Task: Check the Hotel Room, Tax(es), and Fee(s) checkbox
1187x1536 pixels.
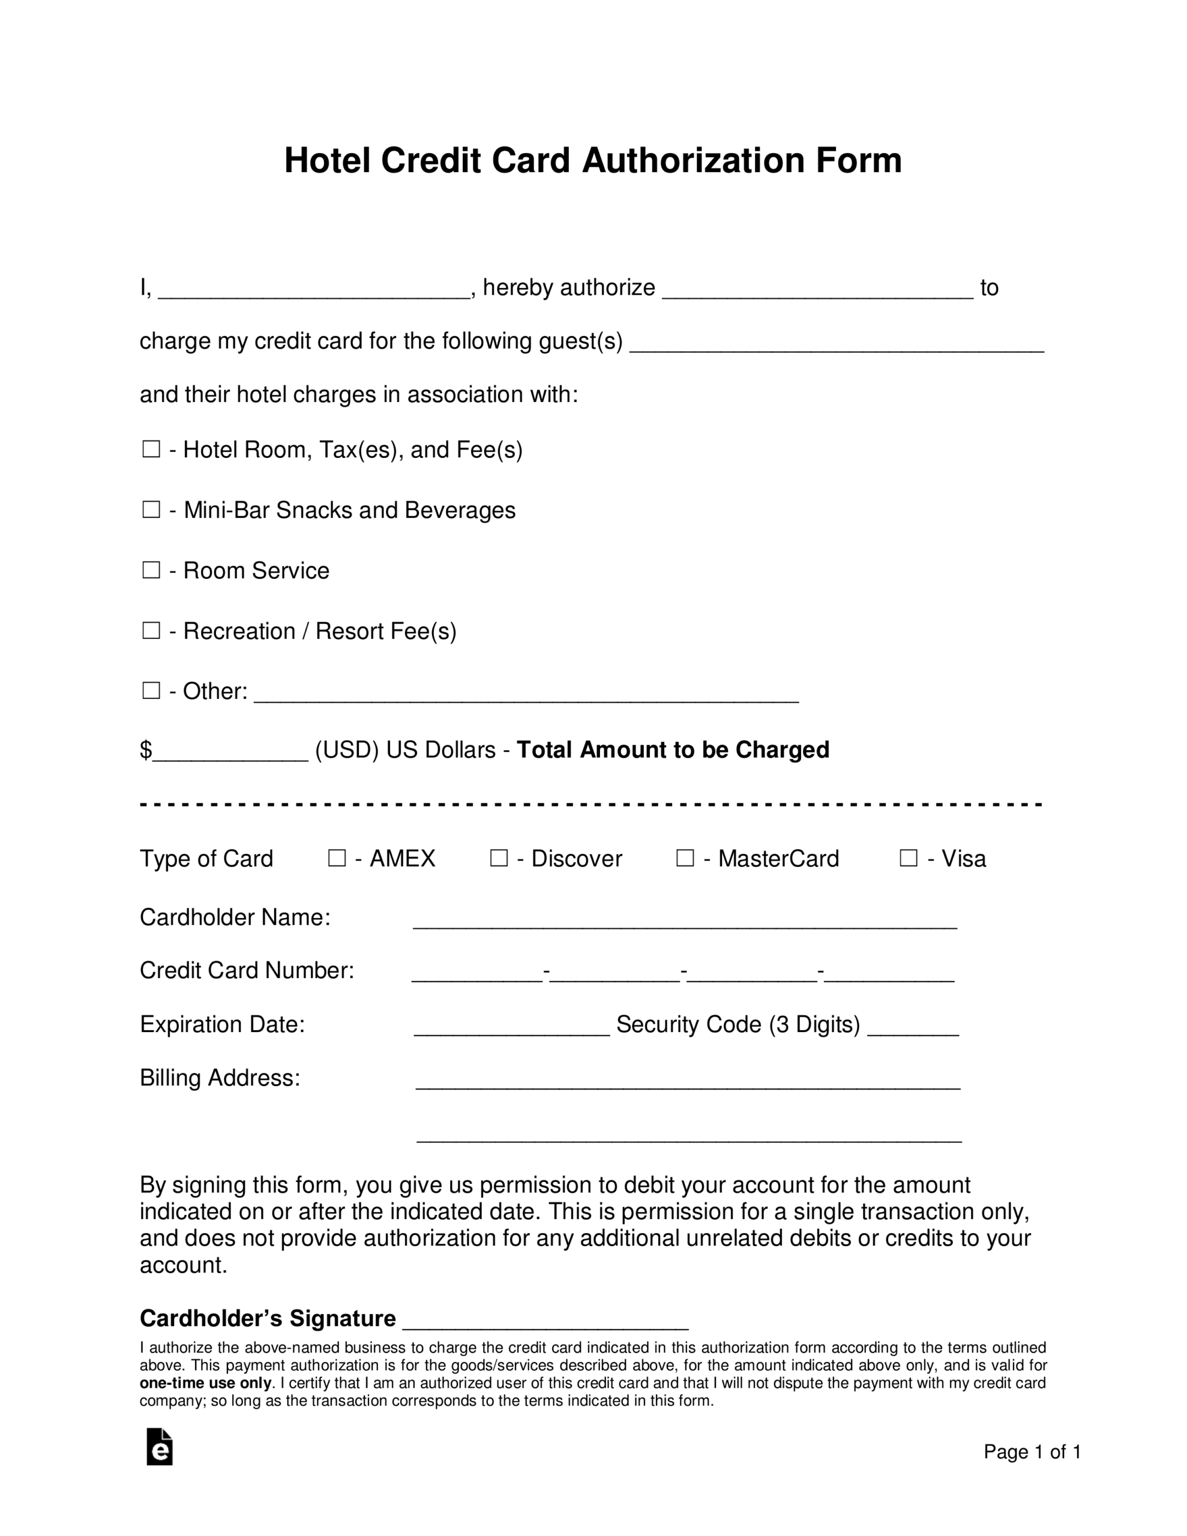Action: click(x=151, y=449)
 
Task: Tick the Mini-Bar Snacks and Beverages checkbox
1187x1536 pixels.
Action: click(x=151, y=509)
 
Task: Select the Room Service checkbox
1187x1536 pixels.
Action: click(x=151, y=569)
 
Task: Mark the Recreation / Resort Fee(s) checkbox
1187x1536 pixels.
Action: click(x=151, y=630)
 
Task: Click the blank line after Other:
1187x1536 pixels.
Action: click(x=526, y=694)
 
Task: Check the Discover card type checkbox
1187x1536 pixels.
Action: click(x=498, y=858)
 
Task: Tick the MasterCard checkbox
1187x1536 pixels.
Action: click(x=685, y=858)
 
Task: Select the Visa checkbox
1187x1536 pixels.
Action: click(x=909, y=858)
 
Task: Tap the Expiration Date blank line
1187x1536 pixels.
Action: click(x=511, y=1028)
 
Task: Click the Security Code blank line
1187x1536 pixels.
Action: click(x=913, y=1028)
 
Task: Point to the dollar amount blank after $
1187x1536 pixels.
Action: click(x=230, y=752)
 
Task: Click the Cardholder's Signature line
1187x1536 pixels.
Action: click(x=545, y=1321)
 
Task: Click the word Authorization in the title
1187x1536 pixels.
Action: click(x=693, y=160)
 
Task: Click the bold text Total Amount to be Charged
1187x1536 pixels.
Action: click(x=673, y=750)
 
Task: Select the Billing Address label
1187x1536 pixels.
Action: click(x=220, y=1078)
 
